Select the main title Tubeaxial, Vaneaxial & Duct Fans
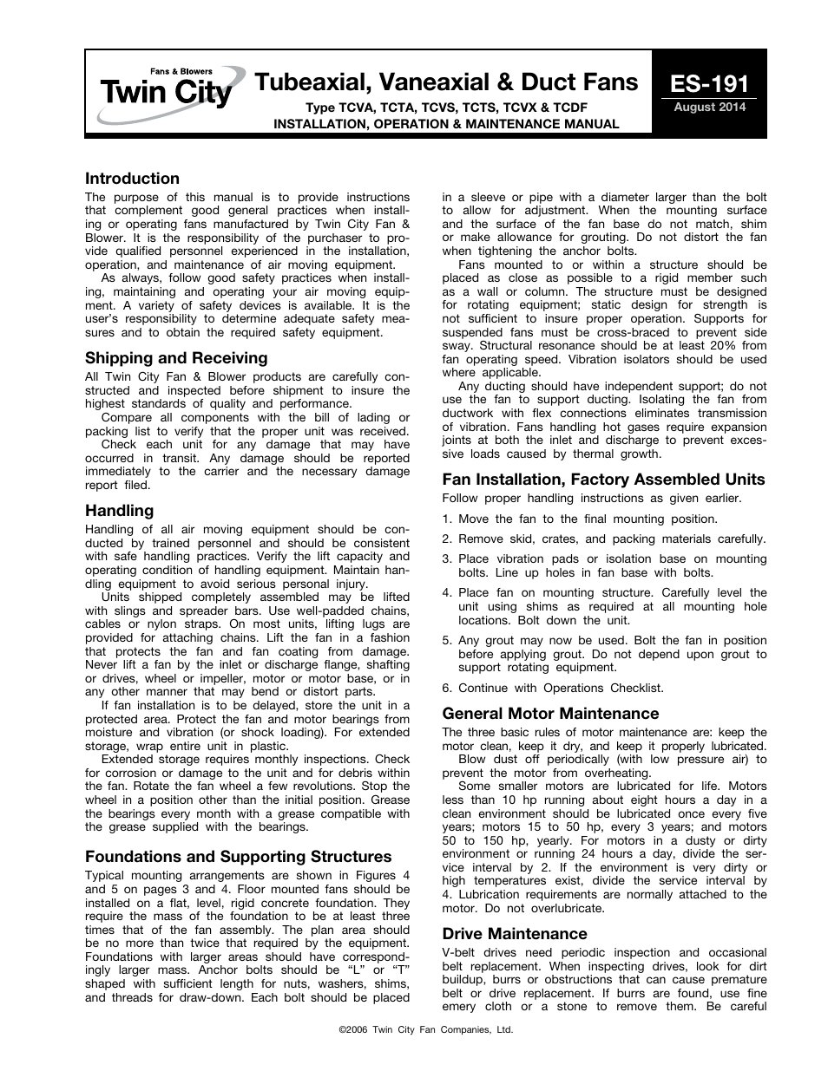click(446, 82)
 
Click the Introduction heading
click(132, 179)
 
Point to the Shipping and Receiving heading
click(176, 358)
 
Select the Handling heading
click(119, 511)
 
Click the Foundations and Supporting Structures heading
click(238, 857)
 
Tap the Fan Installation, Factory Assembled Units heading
click(603, 480)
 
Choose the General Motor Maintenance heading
click(550, 714)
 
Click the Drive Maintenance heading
click(515, 934)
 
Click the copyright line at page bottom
click(413, 1030)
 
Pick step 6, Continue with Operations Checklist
click(553, 688)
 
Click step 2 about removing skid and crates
click(603, 539)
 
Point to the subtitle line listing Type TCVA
click(446, 108)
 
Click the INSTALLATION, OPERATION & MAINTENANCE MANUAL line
click(446, 124)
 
